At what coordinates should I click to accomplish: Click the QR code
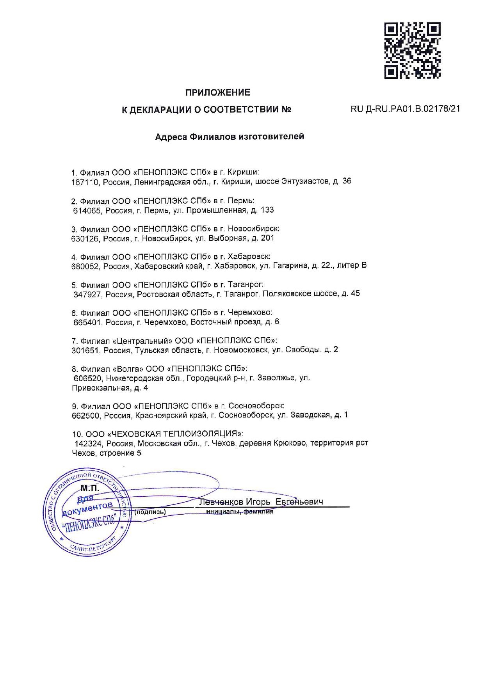(413, 50)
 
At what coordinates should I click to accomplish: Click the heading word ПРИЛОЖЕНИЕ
(217, 92)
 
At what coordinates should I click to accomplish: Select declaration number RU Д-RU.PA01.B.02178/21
(405, 109)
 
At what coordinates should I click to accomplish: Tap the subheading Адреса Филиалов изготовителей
(230, 137)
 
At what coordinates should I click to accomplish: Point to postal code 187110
(85, 182)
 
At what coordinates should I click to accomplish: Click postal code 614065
(87, 210)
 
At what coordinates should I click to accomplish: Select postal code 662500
(85, 416)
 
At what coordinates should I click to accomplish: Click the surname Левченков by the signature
(221, 502)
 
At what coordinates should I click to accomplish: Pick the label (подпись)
(150, 512)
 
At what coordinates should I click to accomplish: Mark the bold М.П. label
(90, 489)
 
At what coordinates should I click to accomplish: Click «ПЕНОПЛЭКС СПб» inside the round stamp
(90, 526)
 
